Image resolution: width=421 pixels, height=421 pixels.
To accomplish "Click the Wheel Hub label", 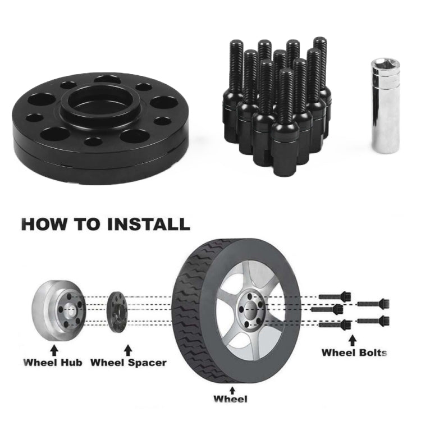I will click(x=53, y=362).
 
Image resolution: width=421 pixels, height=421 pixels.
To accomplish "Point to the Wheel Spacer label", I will click(x=129, y=363).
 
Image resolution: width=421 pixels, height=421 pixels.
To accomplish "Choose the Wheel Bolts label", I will click(x=354, y=353).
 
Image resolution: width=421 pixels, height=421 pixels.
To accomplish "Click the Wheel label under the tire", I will click(x=230, y=399).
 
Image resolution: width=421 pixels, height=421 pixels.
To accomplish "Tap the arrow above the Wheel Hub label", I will click(x=54, y=350).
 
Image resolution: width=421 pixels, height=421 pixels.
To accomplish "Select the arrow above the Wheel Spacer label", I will click(x=128, y=350).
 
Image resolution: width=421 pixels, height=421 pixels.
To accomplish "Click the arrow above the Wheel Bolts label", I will click(x=353, y=340).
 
